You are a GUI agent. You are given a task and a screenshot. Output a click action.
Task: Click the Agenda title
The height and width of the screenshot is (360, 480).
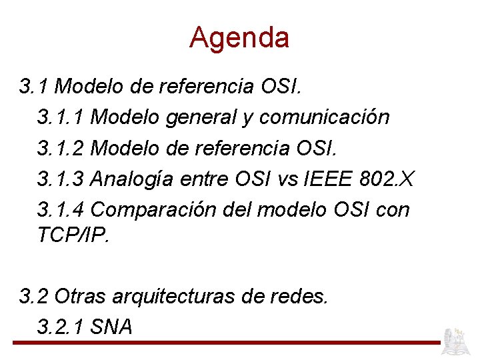(239, 37)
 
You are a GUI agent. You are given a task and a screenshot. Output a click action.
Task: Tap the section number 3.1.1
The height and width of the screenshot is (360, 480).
(61, 117)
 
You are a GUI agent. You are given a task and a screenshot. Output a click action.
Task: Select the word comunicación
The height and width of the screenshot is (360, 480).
(325, 117)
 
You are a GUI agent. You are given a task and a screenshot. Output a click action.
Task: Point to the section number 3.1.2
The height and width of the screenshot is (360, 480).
(61, 148)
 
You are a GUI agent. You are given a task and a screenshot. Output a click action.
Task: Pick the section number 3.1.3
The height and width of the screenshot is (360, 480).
(61, 179)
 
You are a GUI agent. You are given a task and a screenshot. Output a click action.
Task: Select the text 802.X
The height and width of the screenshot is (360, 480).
(387, 179)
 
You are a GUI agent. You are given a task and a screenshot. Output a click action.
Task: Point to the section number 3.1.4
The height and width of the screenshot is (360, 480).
(61, 209)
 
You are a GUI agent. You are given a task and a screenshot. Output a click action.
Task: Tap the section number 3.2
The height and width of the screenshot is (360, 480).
(34, 295)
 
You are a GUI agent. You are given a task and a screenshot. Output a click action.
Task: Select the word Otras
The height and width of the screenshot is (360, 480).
(78, 295)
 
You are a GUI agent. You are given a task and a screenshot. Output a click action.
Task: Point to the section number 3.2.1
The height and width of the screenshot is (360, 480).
(61, 327)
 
